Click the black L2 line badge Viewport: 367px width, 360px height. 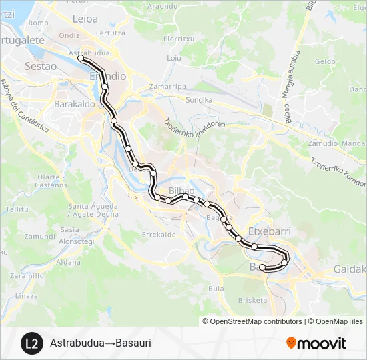[x=31, y=343]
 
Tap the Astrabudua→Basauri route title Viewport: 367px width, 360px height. [x=100, y=343]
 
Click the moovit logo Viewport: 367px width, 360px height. [x=316, y=343]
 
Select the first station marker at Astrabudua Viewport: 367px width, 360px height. [x=81, y=59]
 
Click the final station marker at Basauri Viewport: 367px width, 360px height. [x=262, y=267]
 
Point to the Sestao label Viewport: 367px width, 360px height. [x=38, y=66]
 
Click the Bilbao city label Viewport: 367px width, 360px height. [x=182, y=191]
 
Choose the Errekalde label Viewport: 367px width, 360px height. [x=159, y=234]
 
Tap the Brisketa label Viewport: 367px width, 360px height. [x=253, y=300]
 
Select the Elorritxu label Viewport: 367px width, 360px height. [x=178, y=39]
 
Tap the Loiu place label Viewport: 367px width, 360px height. [x=174, y=58]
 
